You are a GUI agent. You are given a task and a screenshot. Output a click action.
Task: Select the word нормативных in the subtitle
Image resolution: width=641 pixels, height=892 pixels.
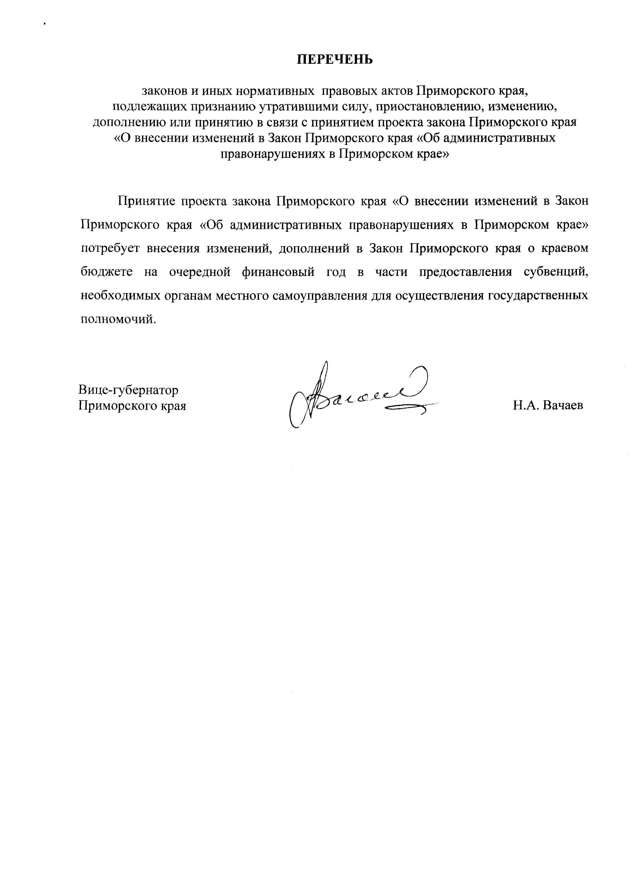(x=277, y=91)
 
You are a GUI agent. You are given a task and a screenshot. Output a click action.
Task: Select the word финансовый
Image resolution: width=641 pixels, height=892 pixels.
(x=278, y=272)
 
